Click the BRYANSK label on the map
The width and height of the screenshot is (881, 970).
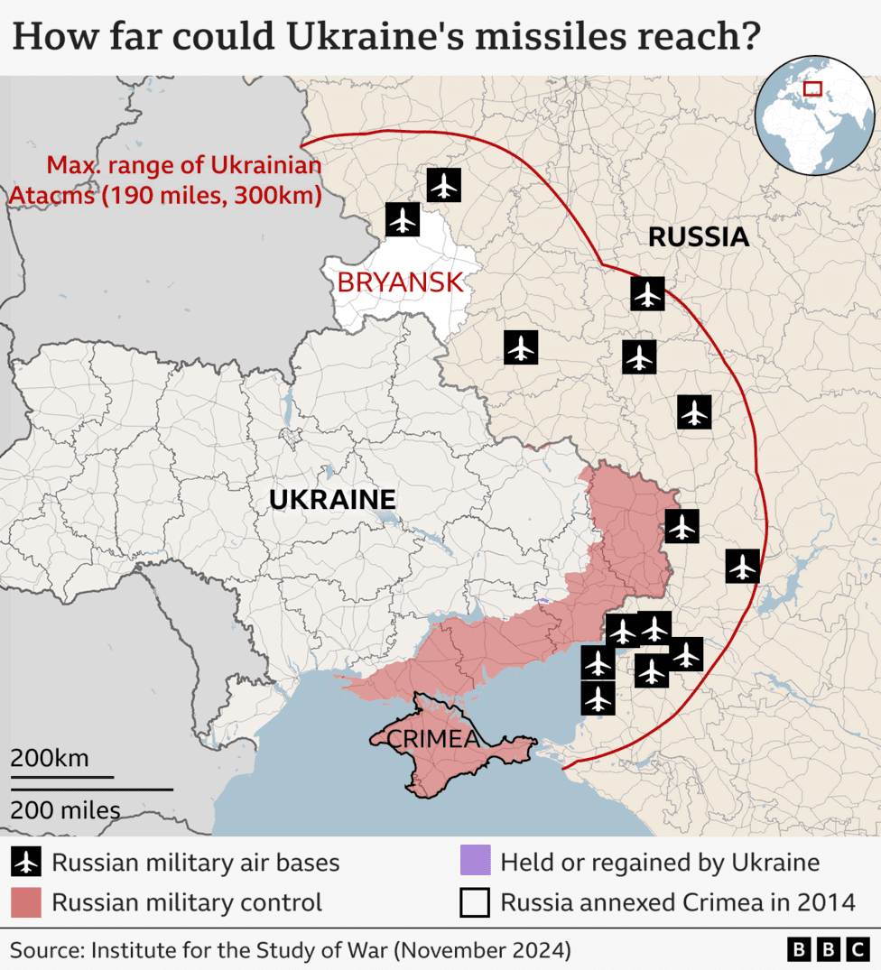[x=400, y=282]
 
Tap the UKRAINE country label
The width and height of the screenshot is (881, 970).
[x=332, y=499]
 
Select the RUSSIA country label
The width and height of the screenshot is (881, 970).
[x=699, y=237]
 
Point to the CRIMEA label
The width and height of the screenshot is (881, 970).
[x=433, y=739]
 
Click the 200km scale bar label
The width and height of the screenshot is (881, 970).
[x=50, y=758]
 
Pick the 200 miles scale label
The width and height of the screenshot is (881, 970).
[x=65, y=810]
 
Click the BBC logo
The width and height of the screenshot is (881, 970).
[x=828, y=949]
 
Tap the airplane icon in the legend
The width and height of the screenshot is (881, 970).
[x=26, y=863]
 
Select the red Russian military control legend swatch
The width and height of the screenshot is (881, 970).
[x=26, y=902]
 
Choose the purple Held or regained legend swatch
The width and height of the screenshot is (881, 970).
[x=475, y=862]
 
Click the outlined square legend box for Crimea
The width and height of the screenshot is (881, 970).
[x=475, y=902]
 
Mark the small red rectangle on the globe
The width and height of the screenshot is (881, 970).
[x=812, y=88]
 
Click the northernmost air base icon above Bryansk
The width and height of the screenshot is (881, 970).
[x=443, y=185]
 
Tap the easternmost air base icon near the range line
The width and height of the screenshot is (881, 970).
[x=742, y=566]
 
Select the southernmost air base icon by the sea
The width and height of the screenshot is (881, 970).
[x=598, y=698]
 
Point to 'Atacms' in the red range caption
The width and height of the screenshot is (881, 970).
[x=51, y=195]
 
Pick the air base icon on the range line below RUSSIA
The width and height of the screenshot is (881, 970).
[x=647, y=293]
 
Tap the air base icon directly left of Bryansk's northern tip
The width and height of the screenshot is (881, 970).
[x=403, y=219]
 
